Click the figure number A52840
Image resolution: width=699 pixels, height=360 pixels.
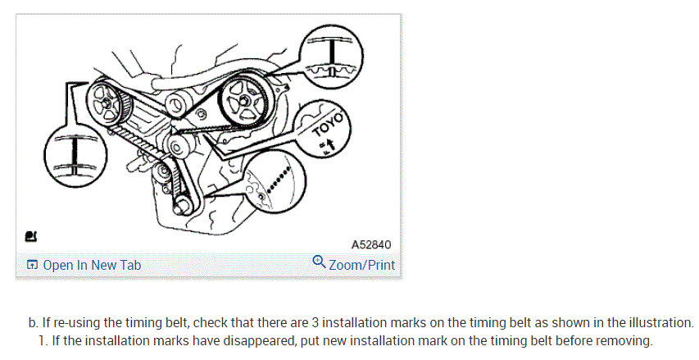point(371,244)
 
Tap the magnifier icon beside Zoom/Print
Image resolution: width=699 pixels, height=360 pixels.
point(319,263)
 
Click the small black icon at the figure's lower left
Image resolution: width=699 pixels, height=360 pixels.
point(31,237)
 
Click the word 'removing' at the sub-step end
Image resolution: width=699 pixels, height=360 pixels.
point(629,340)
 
